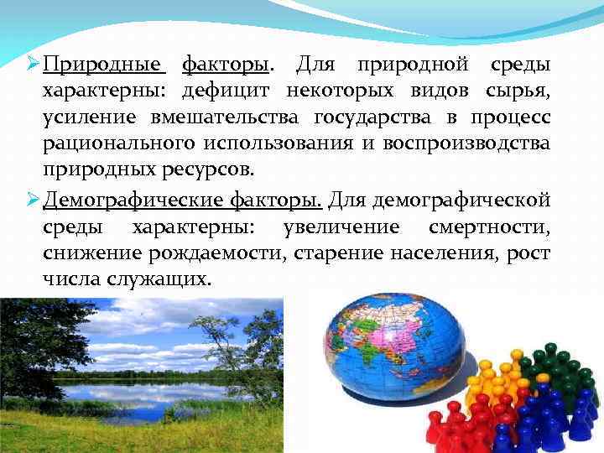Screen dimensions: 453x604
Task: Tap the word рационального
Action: (113, 143)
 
